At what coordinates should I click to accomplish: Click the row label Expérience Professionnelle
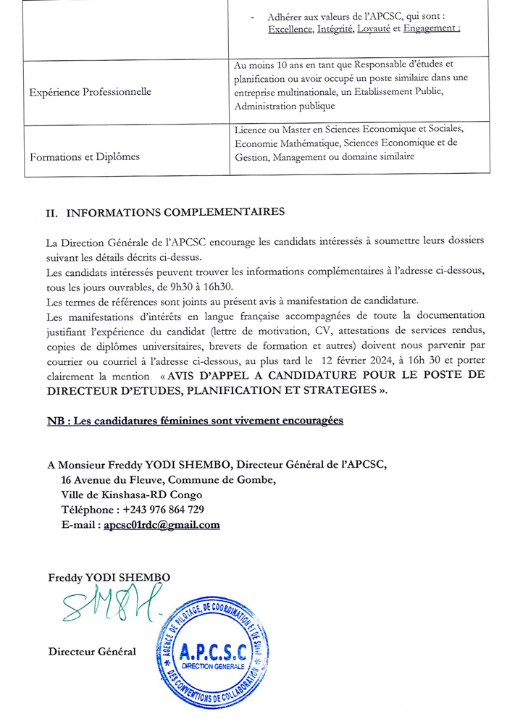[x=90, y=92]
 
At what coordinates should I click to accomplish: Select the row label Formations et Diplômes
[x=84, y=156]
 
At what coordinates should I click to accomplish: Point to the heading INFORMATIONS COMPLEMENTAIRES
[x=175, y=213]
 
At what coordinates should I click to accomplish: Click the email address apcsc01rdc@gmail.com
[x=162, y=525]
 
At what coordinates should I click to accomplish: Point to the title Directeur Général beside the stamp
[x=92, y=652]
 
